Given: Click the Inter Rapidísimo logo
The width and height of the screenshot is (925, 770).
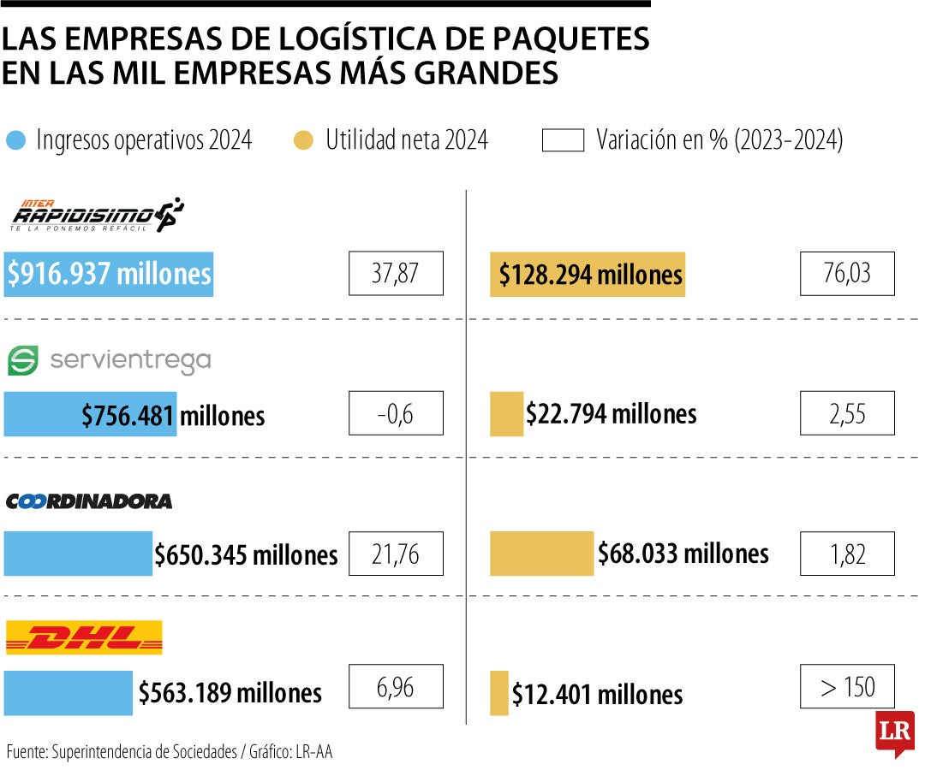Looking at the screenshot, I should pos(96,215).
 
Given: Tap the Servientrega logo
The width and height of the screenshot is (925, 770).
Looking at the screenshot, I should pos(109,361).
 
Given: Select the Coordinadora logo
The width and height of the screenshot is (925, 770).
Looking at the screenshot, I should pos(89,501).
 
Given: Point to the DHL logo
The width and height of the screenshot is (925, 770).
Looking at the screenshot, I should pos(84,638).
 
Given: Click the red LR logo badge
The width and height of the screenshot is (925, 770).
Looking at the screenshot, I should pos(894,733).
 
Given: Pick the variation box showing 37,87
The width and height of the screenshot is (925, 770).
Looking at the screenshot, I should pos(396,274).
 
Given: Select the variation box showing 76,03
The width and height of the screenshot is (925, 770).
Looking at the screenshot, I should pos(847,274).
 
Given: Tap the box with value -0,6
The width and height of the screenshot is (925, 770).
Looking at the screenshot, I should pos(396,413).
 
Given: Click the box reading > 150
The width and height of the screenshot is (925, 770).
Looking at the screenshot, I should pos(847,686).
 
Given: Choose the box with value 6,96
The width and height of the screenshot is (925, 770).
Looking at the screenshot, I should pos(396,686).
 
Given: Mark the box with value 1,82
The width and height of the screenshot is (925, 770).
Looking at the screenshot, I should pos(847,554).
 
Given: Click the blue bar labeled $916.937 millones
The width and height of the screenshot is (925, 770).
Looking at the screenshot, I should pos(109,274).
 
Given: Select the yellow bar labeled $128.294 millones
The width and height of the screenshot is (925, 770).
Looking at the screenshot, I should pos(588,274).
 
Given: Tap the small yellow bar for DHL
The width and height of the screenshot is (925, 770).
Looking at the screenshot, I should pos(498,693).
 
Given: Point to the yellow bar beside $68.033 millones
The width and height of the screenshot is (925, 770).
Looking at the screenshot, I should pos(541,554).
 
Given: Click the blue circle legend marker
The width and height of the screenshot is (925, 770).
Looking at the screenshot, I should pos(16,140).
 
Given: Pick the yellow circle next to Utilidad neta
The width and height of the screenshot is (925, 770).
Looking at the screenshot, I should pos(303,140).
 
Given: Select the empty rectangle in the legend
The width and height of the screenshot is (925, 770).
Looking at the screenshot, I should pos(563,140).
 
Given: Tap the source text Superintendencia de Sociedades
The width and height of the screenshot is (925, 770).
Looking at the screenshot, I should pos(144,752).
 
